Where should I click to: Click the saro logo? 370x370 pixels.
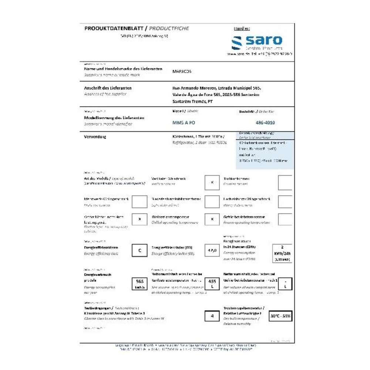(257, 42)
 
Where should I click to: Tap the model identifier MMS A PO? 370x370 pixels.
(184, 123)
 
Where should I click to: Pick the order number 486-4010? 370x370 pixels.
(265, 123)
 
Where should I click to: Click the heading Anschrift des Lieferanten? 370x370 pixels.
(108, 88)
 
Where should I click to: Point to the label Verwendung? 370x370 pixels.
(95, 137)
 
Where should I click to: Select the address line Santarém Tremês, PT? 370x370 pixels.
(192, 101)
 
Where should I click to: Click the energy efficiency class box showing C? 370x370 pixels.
(139, 250)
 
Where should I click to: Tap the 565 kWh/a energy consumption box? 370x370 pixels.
(139, 283)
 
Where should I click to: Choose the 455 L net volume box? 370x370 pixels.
(212, 283)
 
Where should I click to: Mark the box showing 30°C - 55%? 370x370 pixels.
(281, 316)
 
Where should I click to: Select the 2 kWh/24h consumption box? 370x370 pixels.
(282, 253)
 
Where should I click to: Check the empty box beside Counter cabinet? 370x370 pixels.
(285, 182)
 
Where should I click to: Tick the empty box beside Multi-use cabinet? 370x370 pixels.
(139, 202)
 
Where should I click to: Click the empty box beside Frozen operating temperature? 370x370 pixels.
(285, 219)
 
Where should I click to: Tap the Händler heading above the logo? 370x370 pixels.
(242, 28)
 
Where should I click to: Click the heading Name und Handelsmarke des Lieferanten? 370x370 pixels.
(123, 69)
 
